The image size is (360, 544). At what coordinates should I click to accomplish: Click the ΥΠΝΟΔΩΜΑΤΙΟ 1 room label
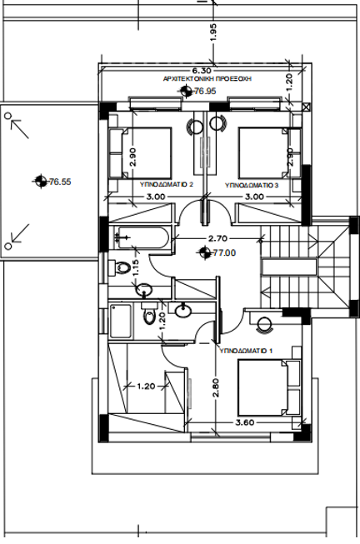click(246, 351)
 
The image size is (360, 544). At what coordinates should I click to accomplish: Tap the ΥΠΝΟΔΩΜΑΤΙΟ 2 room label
click(167, 184)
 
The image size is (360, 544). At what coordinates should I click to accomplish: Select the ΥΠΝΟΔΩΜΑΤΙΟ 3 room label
click(252, 185)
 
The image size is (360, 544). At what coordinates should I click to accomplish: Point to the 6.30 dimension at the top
click(202, 71)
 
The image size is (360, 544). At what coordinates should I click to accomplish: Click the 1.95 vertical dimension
click(213, 32)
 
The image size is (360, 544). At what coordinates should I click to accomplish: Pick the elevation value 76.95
click(205, 92)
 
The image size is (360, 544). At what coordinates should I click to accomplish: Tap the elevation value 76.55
click(60, 182)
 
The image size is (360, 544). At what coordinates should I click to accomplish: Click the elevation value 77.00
click(224, 253)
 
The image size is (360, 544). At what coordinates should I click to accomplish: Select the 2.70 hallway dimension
click(217, 238)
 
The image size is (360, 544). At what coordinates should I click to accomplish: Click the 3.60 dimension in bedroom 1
click(245, 422)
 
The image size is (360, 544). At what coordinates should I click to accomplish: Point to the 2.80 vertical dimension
click(215, 387)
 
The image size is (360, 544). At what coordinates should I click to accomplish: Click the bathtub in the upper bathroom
click(143, 237)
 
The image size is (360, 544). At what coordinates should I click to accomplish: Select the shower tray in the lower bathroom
click(121, 321)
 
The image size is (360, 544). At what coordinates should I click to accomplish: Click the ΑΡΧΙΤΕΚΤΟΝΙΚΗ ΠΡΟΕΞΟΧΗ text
click(207, 79)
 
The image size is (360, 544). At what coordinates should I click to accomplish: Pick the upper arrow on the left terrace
click(20, 128)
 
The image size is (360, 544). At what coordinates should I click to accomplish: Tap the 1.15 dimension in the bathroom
click(136, 268)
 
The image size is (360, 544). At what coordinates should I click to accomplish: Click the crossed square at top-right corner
click(306, 107)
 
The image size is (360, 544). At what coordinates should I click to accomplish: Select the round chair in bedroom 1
click(264, 324)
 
